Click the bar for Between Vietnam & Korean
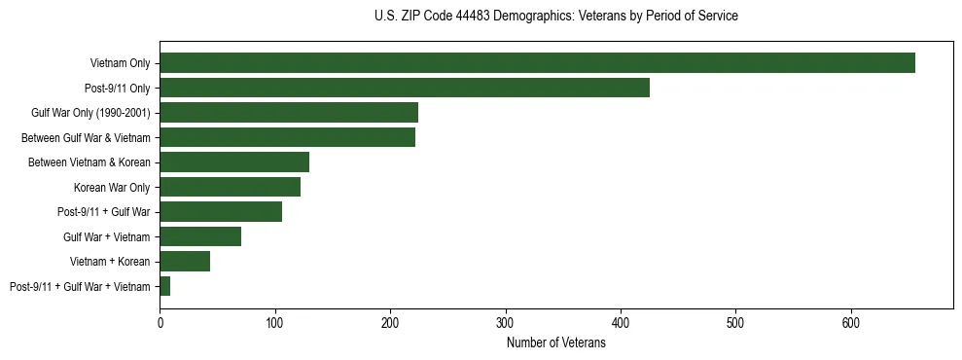234,162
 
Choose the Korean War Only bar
231,187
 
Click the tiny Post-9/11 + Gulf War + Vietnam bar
165,286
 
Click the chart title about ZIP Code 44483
555,17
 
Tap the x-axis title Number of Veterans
555,343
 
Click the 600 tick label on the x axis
851,323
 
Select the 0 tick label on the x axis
160,323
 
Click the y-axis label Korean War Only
112,187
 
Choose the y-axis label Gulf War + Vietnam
107,236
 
